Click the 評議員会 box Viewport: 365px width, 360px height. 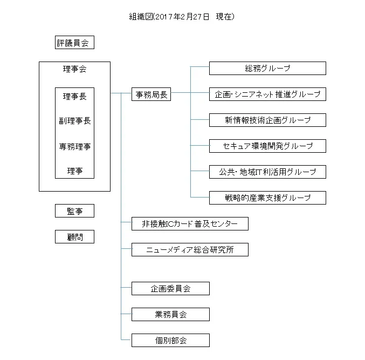pyautogui.click(x=74, y=43)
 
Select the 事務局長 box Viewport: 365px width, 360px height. pyautogui.click(x=151, y=94)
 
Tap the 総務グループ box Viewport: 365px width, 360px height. pyautogui.click(x=267, y=68)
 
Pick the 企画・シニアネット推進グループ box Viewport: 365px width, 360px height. pyautogui.click(x=267, y=94)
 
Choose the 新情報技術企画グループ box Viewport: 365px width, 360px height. pyautogui.click(x=267, y=120)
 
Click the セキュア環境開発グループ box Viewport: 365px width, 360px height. pyautogui.click(x=267, y=146)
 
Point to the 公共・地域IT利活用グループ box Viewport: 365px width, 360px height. pyautogui.click(x=267, y=172)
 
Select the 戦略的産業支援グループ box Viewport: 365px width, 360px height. pyautogui.click(x=267, y=198)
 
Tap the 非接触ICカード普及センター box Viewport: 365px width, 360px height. pyautogui.click(x=190, y=223)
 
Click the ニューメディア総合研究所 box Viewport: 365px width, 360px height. pyautogui.click(x=190, y=249)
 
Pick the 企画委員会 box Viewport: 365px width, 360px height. pyautogui.click(x=170, y=288)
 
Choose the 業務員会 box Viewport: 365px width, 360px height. pyautogui.click(x=170, y=314)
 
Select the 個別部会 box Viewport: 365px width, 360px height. pyautogui.click(x=170, y=340)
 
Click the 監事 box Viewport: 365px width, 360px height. pyautogui.click(x=74, y=211)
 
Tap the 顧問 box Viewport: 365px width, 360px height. pyautogui.click(x=74, y=237)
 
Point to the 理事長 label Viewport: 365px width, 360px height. pyautogui.click(x=74, y=96)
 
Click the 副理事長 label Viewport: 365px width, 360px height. pyautogui.click(x=74, y=121)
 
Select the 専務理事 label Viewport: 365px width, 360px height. pyautogui.click(x=74, y=146)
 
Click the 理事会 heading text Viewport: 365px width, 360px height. pyautogui.click(x=74, y=69)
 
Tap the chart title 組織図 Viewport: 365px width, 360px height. pyautogui.click(x=141, y=17)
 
